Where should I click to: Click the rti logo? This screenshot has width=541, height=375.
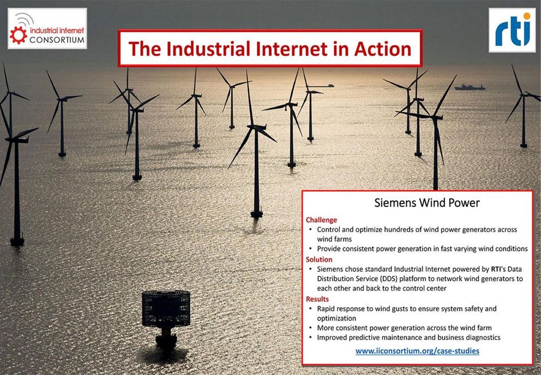point(512,30)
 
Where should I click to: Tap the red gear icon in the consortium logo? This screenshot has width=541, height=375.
point(18,35)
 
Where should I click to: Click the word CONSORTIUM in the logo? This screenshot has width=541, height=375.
point(57,40)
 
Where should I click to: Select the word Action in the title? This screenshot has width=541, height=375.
point(383,48)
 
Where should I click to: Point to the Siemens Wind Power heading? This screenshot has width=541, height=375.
point(427,202)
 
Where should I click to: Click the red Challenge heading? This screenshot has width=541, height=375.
point(321,220)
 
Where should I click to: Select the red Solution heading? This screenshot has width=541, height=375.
point(319,259)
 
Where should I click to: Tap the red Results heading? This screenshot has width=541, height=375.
point(317,299)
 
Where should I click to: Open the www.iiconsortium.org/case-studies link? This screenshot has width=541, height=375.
point(417,351)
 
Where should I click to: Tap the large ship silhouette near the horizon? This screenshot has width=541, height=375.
point(470,87)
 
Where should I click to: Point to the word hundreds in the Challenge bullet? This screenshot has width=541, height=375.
point(400,230)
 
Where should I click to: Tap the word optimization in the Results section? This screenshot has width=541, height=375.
point(336,319)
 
